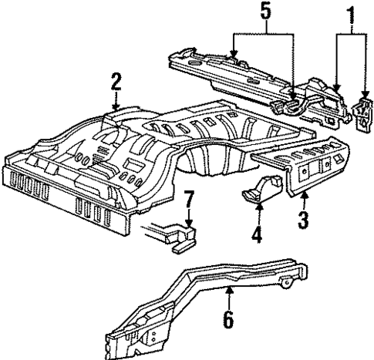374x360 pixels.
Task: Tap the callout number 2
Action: click(x=116, y=82)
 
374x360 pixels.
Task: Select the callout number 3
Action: click(x=304, y=220)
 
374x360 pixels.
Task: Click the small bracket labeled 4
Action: click(x=259, y=193)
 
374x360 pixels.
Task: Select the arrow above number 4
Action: click(x=258, y=207)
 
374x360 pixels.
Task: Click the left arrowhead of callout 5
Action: click(x=237, y=56)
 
